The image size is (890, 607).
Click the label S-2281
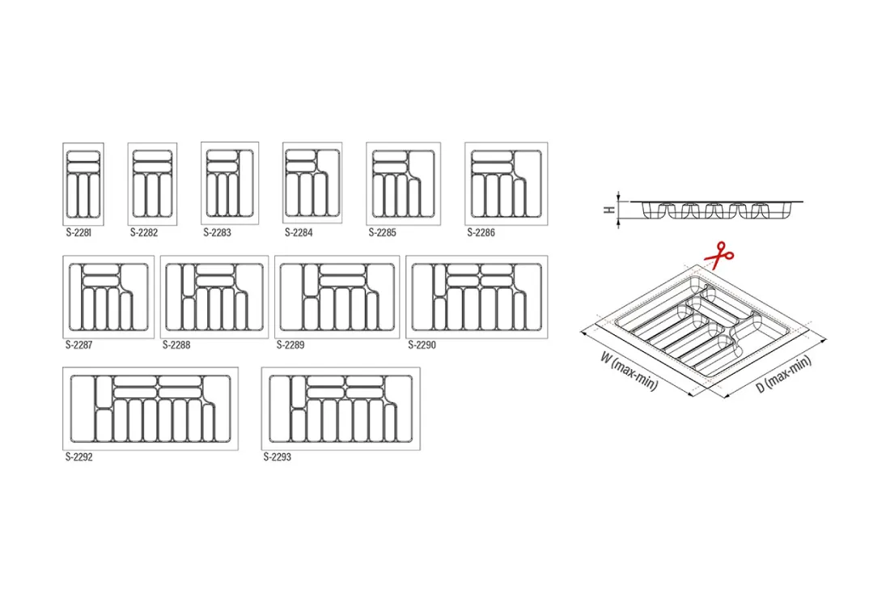tap(78, 232)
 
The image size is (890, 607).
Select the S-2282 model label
tap(144, 232)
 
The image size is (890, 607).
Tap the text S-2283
tap(218, 232)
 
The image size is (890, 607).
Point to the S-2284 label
tap(299, 232)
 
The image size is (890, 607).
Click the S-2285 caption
tap(383, 232)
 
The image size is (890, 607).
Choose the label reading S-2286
tap(481, 232)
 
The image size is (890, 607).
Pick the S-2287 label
tap(79, 345)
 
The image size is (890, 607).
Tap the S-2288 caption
tap(176, 345)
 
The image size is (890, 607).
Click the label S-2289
tap(290, 345)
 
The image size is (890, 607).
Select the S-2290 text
tap(422, 345)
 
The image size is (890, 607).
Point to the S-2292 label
tap(79, 457)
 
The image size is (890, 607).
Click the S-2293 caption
tap(278, 457)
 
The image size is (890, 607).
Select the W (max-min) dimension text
tap(629, 372)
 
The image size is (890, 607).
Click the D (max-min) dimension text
tap(784, 374)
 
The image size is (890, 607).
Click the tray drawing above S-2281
tap(83, 184)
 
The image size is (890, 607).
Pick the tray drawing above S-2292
tap(150, 409)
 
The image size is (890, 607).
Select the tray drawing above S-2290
tap(477, 297)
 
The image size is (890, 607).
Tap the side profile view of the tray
tap(716, 210)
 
